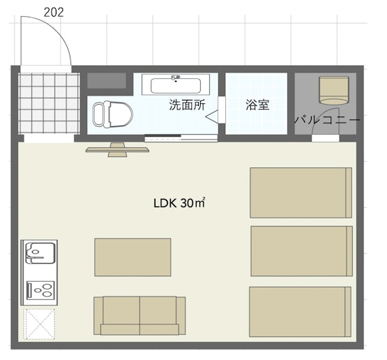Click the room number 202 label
click(54, 13)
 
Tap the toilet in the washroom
click(112, 114)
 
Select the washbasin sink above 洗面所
click(176, 84)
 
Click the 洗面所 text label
click(187, 105)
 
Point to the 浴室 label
click(257, 105)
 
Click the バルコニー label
click(327, 120)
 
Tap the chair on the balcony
click(334, 90)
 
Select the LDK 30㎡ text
click(179, 203)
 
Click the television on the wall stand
click(117, 149)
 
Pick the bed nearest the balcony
click(301, 193)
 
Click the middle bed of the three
click(302, 251)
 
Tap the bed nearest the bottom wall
click(300, 312)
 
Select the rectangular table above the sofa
click(132, 257)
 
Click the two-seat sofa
click(139, 315)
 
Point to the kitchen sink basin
click(40, 253)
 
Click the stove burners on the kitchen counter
click(40, 290)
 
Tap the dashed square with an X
click(39, 324)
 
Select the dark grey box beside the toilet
click(107, 80)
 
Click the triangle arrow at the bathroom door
click(212, 117)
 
